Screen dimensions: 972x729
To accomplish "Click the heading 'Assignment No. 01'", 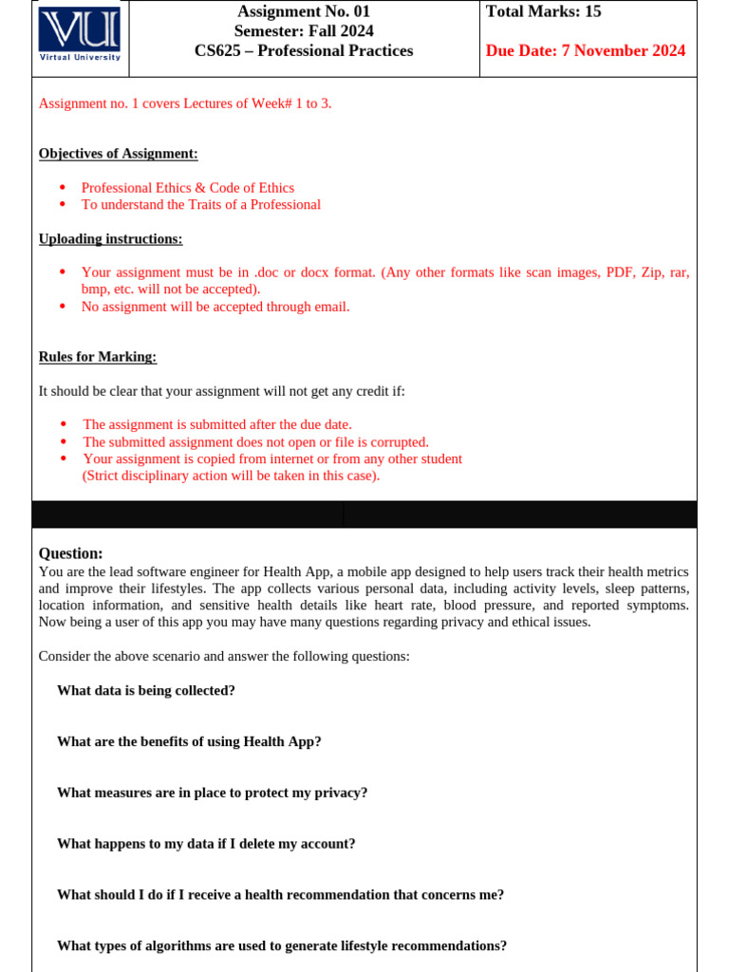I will [x=303, y=11].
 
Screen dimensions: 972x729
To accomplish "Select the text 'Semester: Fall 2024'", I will [x=303, y=31].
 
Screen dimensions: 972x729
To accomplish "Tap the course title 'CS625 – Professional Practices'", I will [x=303, y=51].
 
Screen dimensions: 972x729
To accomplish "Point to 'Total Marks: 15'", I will [x=544, y=11].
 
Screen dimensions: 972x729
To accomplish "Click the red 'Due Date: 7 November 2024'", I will [x=585, y=51].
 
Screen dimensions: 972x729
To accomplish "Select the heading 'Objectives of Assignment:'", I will [x=118, y=154].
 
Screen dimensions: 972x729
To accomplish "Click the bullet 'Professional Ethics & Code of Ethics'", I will [x=188, y=188].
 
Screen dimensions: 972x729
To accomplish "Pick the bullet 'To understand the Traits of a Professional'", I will [x=201, y=204].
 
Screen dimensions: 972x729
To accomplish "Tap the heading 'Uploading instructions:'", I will [x=110, y=238].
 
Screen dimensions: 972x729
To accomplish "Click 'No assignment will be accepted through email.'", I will [x=215, y=307].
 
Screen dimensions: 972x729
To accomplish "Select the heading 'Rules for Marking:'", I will [x=98, y=357].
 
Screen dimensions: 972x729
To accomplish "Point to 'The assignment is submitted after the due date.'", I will [x=217, y=424].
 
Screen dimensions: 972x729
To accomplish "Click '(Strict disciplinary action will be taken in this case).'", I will [x=231, y=476].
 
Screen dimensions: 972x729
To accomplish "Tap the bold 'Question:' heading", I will [x=70, y=553].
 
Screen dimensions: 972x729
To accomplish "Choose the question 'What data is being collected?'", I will [x=146, y=690].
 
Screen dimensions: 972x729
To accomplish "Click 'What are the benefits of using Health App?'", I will [x=189, y=741].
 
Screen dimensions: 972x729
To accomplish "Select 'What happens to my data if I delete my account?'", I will [x=206, y=843].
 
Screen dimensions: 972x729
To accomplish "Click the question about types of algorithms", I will [x=282, y=945].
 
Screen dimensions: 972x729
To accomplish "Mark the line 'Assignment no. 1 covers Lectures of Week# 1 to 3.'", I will [x=185, y=103].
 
